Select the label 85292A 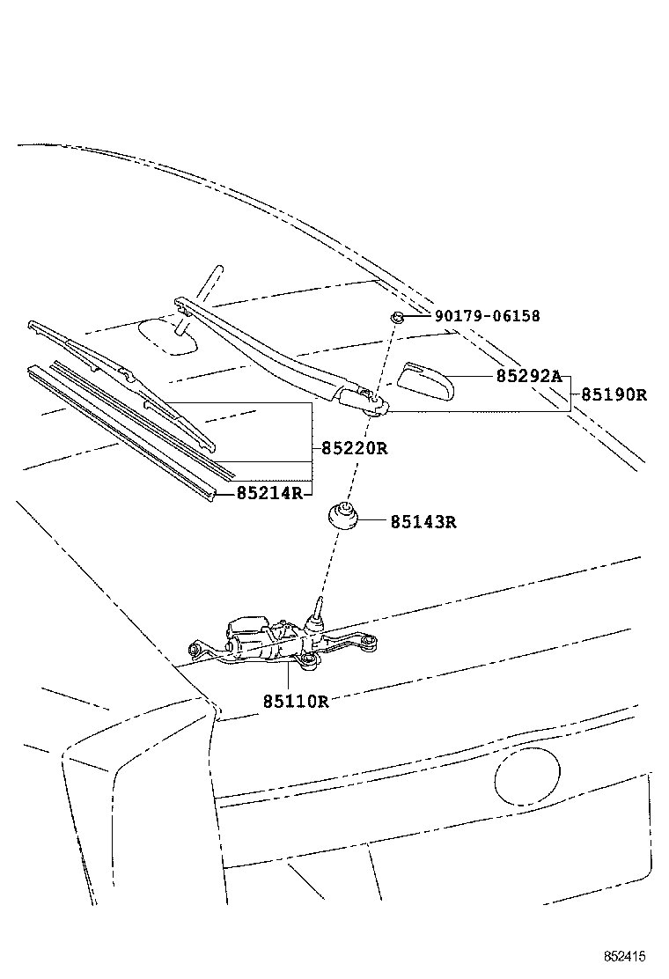528,376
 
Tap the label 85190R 614,395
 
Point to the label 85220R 354,448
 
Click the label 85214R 269,493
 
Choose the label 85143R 423,521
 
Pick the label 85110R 295,702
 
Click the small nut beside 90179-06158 398,317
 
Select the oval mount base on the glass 169,335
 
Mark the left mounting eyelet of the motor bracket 196,650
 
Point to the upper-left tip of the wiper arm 181,304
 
